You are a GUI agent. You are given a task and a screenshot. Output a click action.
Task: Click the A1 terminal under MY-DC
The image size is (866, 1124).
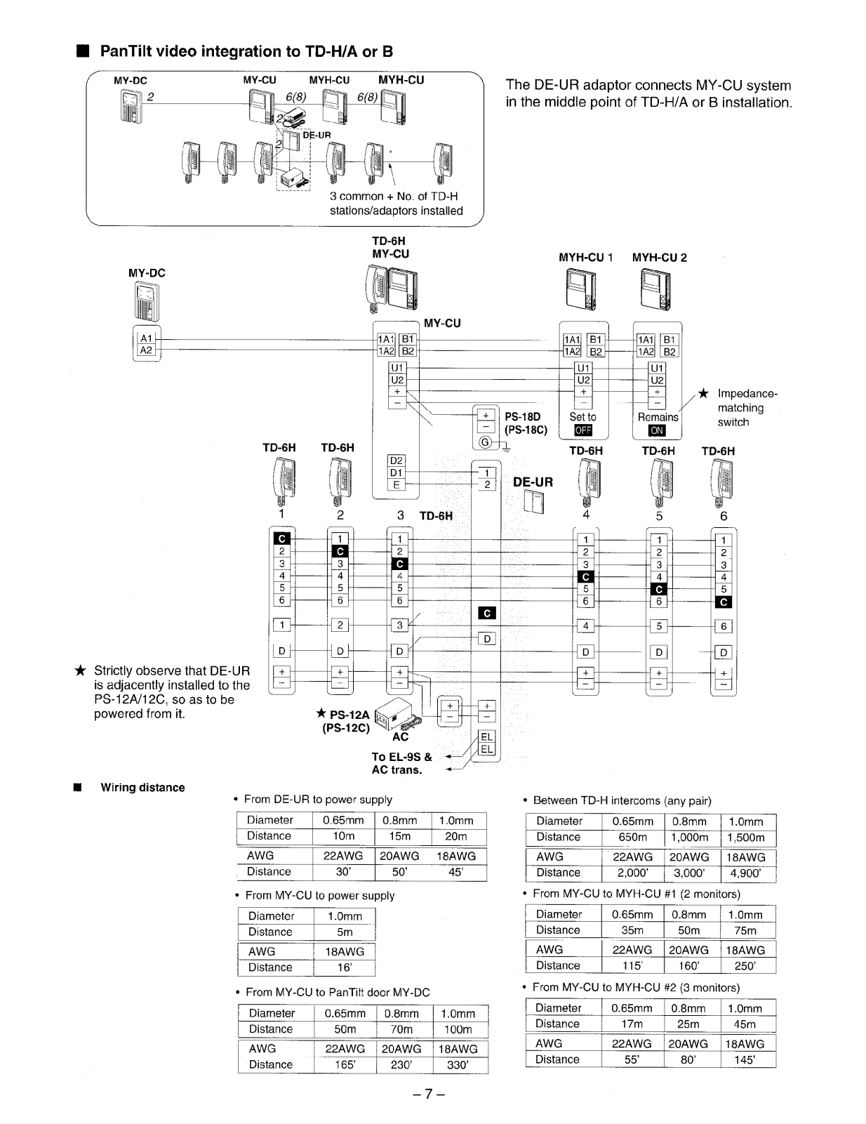[x=146, y=338]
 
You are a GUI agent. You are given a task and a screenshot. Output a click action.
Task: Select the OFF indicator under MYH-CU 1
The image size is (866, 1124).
[x=583, y=430]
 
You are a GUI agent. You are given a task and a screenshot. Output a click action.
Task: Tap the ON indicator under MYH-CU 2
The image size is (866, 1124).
[x=657, y=430]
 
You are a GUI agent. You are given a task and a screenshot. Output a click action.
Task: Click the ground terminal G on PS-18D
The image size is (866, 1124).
[x=485, y=442]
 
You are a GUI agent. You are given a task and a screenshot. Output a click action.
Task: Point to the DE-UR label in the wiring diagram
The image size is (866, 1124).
[x=533, y=482]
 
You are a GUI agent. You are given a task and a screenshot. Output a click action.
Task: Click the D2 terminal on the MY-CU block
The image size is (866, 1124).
[x=396, y=461]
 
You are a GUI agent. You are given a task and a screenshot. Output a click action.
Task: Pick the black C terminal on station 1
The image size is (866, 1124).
[x=282, y=538]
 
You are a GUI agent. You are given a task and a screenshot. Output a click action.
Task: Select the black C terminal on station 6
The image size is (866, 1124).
[x=724, y=602]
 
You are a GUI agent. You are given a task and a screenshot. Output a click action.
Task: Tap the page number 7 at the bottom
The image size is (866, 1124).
[x=429, y=1094]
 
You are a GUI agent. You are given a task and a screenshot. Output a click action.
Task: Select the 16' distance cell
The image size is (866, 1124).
[x=345, y=967]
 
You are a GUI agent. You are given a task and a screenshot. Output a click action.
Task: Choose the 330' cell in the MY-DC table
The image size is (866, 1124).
[x=458, y=1064]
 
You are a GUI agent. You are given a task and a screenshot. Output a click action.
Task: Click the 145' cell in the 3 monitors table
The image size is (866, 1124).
[x=745, y=1059]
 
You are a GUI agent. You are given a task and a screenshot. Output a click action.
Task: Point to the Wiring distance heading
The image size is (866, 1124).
[x=142, y=787]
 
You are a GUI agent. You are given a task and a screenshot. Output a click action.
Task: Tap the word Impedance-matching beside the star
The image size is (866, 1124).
[x=747, y=400]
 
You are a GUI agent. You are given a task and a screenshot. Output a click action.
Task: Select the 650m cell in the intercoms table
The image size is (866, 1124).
[x=632, y=837]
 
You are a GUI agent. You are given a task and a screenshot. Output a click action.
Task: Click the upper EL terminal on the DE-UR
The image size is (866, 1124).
[x=486, y=736]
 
